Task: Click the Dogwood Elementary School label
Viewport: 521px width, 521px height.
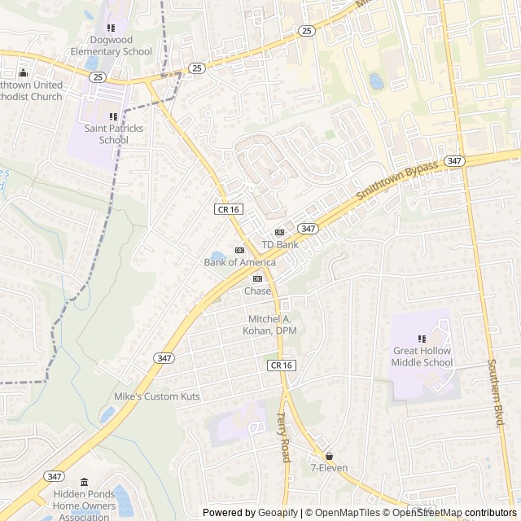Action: pos(111,46)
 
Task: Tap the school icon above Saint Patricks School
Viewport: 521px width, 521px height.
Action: pos(113,117)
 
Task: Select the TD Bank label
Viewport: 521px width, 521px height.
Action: pos(279,244)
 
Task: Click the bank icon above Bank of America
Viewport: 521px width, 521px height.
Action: pos(239,250)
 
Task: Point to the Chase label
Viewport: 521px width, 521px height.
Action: pos(257,291)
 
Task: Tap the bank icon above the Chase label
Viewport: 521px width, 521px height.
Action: pos(257,279)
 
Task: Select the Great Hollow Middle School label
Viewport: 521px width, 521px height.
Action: pos(422,357)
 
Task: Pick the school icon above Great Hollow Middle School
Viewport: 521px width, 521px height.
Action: pos(422,339)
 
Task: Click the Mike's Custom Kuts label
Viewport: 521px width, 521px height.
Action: pos(156,396)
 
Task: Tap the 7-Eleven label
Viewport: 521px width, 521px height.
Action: pos(329,468)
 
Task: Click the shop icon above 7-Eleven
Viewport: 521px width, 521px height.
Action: pos(329,456)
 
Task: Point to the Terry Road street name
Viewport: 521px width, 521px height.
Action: pos(283,436)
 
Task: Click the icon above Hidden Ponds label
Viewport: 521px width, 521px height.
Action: pos(84,482)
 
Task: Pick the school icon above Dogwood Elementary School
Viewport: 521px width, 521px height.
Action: pos(111,28)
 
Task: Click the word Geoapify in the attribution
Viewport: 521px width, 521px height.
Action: pos(278,513)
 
